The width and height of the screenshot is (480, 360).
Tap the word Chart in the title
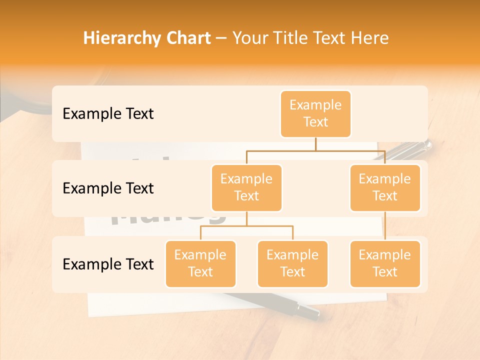click(x=187, y=38)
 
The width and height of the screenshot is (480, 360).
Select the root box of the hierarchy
click(x=315, y=114)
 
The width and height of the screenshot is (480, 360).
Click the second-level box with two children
click(x=246, y=188)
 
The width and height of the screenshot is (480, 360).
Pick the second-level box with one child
click(x=385, y=188)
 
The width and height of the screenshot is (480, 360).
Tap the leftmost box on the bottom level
click(x=200, y=263)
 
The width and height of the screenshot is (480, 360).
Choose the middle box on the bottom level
click(x=292, y=263)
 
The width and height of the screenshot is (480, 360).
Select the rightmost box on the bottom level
click(x=385, y=263)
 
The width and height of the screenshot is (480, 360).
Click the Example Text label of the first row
click(x=108, y=114)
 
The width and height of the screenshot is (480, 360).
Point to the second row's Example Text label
click(x=108, y=188)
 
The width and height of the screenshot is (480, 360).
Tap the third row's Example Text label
click(x=108, y=264)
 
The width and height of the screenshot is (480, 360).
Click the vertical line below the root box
click(x=315, y=144)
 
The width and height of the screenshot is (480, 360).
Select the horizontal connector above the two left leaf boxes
click(x=246, y=226)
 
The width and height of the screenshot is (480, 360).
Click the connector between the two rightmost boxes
click(x=385, y=226)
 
